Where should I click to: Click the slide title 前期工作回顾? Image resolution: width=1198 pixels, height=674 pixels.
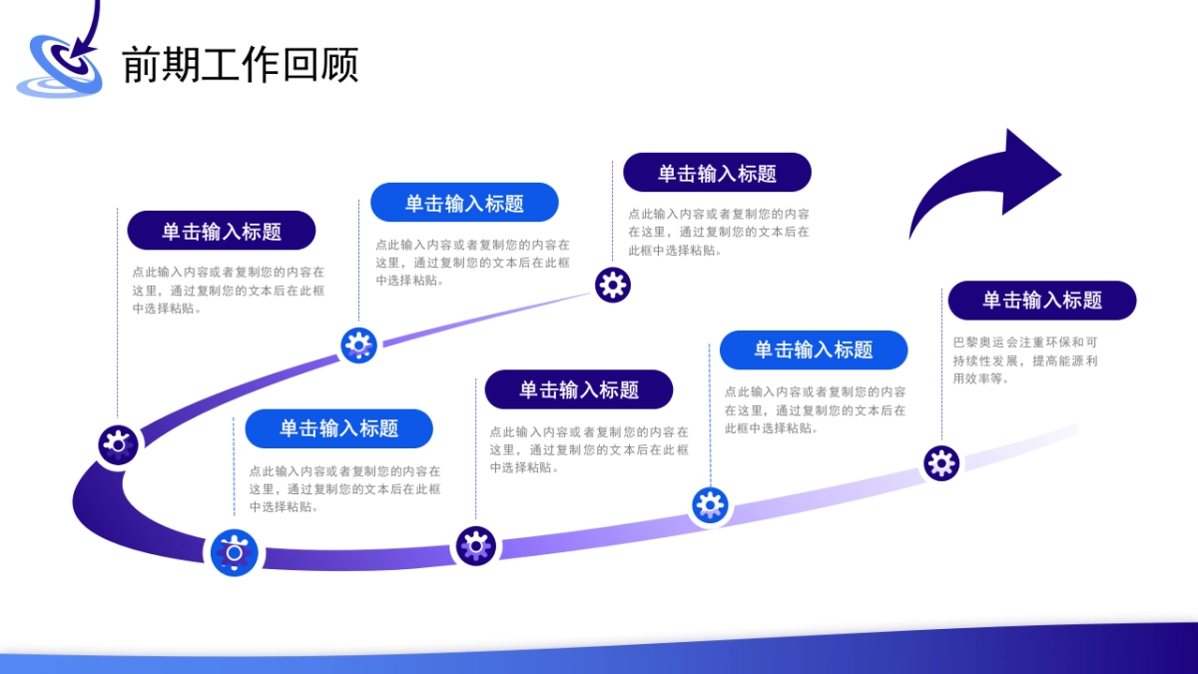point(240,65)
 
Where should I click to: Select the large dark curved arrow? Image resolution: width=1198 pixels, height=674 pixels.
point(983,185)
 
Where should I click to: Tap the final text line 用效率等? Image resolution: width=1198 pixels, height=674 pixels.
point(981,379)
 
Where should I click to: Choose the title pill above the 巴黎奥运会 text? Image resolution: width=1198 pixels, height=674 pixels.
point(1041,301)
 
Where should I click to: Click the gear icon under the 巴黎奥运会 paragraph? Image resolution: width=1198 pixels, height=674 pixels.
point(940,463)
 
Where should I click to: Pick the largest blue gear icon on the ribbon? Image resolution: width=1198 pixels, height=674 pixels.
point(235,553)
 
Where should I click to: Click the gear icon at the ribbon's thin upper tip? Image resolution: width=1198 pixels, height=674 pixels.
point(612,286)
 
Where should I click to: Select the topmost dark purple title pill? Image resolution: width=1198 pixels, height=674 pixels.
point(717,173)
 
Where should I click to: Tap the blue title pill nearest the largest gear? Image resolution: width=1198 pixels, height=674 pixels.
point(338,428)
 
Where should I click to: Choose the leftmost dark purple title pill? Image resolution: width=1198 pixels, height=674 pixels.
point(221,231)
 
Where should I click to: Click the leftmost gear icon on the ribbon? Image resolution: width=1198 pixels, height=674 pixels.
point(119,443)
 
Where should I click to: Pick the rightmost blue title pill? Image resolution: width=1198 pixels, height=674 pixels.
point(813,350)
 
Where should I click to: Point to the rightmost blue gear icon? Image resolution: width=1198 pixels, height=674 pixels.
point(710,505)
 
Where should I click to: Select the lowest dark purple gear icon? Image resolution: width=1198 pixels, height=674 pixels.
point(475,546)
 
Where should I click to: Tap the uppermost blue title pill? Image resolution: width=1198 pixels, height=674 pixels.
point(463,203)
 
